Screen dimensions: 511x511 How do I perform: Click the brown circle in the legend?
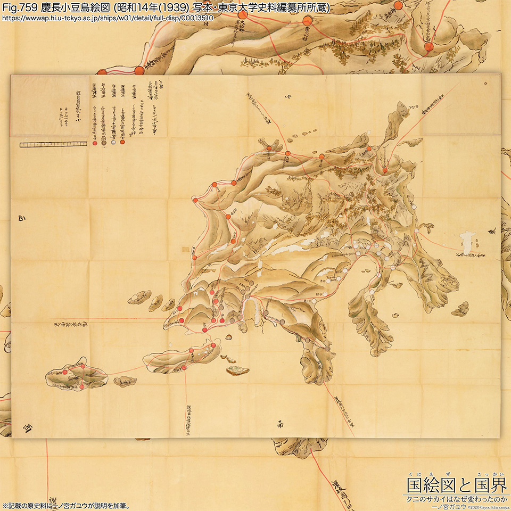pos(104,142)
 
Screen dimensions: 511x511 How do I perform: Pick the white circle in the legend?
pos(113,142)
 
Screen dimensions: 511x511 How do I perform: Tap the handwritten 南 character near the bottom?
pos(281,425)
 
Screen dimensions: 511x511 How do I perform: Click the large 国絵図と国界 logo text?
pos(456,485)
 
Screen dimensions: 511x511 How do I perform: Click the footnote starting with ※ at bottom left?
pos(67,505)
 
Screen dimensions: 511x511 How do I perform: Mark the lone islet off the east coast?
pos(460,308)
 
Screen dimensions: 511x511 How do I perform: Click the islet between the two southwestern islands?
pos(127,380)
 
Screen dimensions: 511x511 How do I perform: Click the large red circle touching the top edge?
pos(399,5)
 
